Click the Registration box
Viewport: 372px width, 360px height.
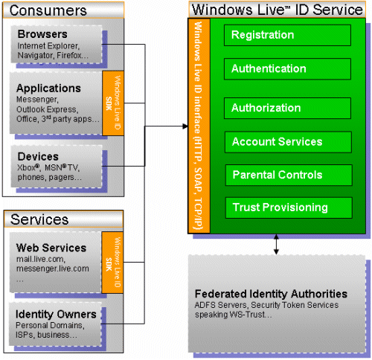[x=287, y=35]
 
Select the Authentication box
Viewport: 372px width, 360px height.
[x=287, y=69]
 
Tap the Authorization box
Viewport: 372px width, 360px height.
[x=287, y=108]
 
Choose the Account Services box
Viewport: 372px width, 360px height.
[x=288, y=142]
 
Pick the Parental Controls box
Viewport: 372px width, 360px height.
[x=289, y=175]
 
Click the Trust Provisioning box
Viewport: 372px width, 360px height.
[x=289, y=208]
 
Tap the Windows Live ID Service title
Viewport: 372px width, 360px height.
[x=278, y=10]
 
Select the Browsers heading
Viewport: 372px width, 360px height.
[x=42, y=34]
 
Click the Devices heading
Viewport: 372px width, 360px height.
[x=38, y=156]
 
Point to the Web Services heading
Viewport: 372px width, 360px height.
[x=51, y=248]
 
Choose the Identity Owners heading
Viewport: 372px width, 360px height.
[x=56, y=314]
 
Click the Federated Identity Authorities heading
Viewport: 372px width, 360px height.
[x=271, y=294]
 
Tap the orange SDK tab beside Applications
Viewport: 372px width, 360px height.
[x=113, y=103]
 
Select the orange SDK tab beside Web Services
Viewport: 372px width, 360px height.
[x=112, y=263]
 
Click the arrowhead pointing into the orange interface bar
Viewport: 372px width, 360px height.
[x=185, y=126]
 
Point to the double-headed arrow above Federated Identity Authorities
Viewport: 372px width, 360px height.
[x=276, y=245]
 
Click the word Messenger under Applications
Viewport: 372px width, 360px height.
[x=37, y=100]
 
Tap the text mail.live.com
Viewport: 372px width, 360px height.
[x=41, y=259]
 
